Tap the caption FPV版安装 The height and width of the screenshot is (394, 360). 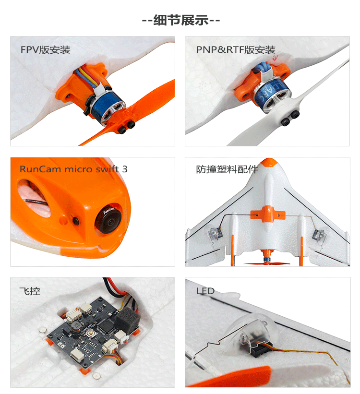coord(45,50)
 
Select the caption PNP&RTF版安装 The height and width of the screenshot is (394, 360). coord(236,50)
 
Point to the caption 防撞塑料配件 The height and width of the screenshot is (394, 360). coord(227,169)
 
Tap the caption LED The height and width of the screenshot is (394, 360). coord(205,291)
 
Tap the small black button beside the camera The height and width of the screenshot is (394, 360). coord(76,221)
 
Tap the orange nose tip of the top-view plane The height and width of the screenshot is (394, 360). coord(267,163)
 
